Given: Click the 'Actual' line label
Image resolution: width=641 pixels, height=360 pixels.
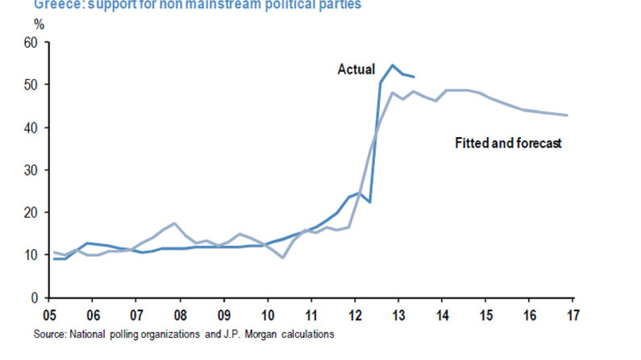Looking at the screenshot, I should pos(356,70).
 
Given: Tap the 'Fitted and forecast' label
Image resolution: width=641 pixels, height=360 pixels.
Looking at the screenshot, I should pos(508,143).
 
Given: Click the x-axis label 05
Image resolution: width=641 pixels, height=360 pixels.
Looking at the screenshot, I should pos(49,317).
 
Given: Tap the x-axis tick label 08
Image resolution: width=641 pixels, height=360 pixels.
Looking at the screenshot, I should pos(180,317).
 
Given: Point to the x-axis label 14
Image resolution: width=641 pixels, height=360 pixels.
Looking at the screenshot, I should pos(442,317).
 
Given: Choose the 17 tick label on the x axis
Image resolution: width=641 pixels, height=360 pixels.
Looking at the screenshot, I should pos(572,317).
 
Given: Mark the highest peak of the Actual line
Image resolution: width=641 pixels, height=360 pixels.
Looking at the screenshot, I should pos(392,65).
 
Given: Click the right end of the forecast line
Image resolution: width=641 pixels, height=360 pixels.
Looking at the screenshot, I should pos(567,115).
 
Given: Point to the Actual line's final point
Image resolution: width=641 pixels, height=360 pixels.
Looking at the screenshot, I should pos(414,76).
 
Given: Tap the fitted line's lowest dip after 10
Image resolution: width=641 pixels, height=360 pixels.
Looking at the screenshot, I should pos(283,257).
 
